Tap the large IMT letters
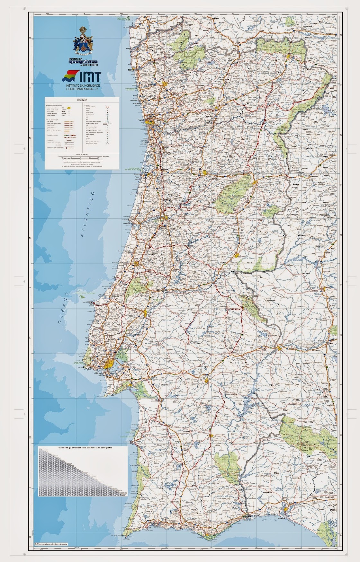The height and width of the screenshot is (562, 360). (x=89, y=77)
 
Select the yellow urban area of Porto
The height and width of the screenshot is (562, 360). (x=150, y=122)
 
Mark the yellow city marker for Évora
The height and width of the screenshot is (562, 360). (x=206, y=381)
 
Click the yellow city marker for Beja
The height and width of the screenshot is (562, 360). (x=211, y=436)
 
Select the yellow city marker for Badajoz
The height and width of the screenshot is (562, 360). (x=279, y=348)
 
